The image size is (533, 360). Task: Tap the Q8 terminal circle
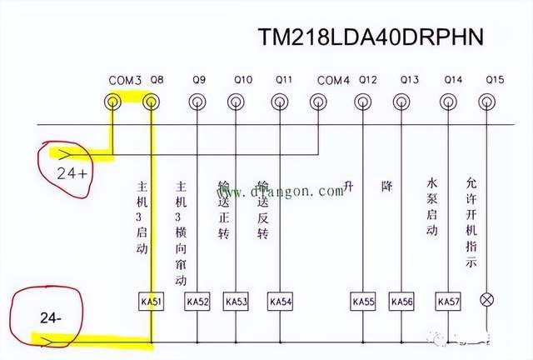click(x=151, y=102)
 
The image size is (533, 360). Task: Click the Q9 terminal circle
click(x=197, y=102)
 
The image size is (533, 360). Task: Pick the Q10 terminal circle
click(x=241, y=102)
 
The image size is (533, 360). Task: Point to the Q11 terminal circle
click(x=280, y=102)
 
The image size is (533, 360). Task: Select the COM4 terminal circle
click(x=317, y=102)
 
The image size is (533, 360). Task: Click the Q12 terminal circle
click(x=362, y=102)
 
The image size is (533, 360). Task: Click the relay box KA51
click(x=151, y=301)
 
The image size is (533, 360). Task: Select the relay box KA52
click(x=197, y=301)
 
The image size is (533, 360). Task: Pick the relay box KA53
click(x=237, y=301)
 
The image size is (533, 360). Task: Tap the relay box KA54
click(x=280, y=301)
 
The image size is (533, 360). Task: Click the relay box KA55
click(x=362, y=301)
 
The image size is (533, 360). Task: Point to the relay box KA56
click(x=401, y=301)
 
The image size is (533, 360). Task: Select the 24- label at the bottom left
click(x=51, y=318)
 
